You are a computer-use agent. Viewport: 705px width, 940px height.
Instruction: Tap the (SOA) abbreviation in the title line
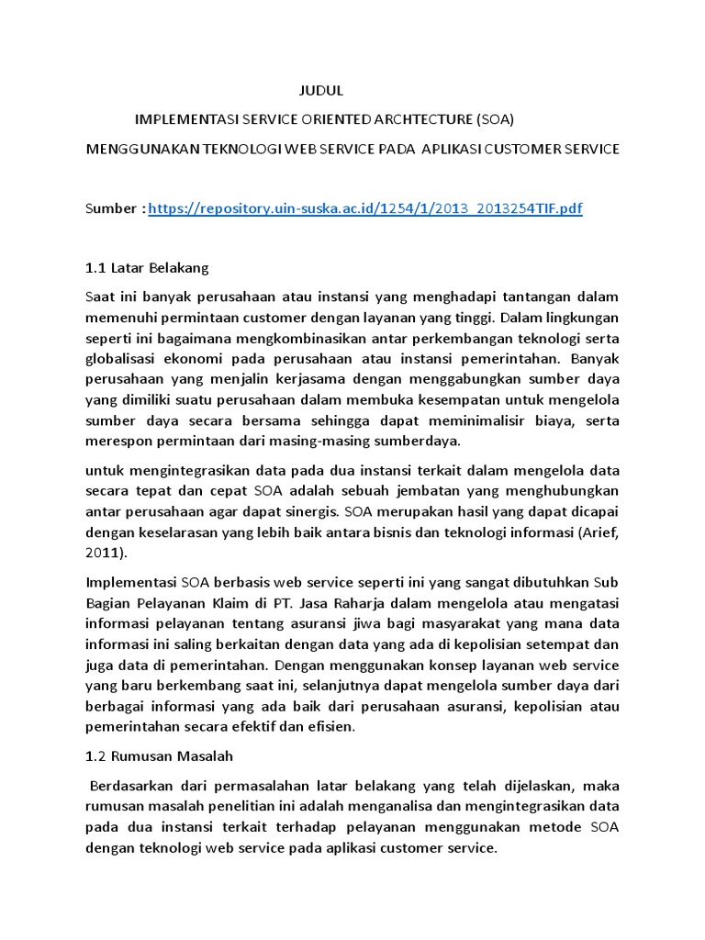tap(495, 119)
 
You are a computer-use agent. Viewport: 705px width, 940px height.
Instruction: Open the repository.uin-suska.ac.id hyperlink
tap(364, 209)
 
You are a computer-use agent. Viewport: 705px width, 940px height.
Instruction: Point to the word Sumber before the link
tap(111, 209)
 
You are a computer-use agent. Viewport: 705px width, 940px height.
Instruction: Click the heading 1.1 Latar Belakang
tap(147, 268)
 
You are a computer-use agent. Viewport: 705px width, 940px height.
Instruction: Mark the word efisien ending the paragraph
tap(328, 727)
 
